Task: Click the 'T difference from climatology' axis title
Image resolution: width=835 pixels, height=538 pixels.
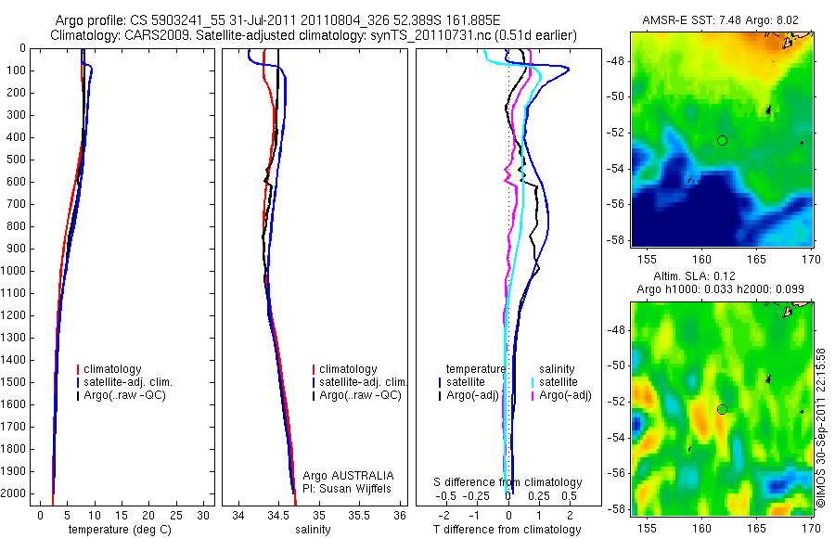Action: (x=507, y=530)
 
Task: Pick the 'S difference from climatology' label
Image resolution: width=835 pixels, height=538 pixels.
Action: (x=508, y=482)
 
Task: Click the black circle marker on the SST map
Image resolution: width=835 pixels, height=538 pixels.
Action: (x=722, y=140)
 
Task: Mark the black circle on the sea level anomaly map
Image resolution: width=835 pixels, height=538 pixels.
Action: (x=722, y=409)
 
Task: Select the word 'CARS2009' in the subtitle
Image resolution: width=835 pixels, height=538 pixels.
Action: (x=151, y=35)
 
